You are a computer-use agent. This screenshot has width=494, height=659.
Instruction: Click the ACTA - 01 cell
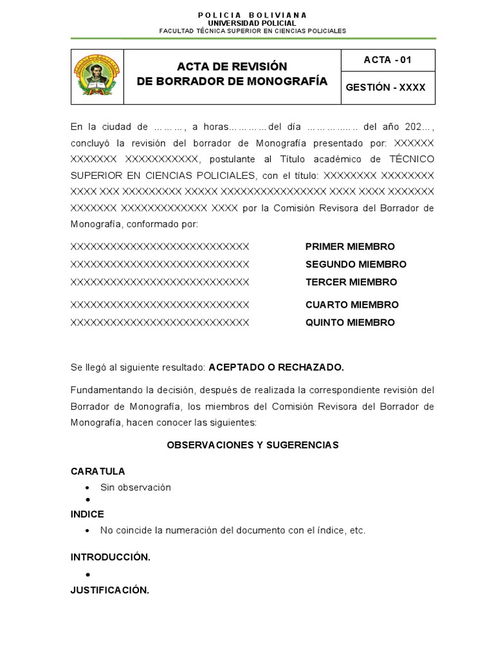(x=387, y=60)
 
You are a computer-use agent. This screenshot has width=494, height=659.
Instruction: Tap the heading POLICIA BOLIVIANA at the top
(x=252, y=15)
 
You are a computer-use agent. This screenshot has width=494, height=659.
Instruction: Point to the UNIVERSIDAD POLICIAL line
(x=252, y=23)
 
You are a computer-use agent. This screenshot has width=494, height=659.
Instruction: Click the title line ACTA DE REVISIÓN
(x=232, y=67)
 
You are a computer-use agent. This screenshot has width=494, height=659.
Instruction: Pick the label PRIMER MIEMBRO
(x=350, y=246)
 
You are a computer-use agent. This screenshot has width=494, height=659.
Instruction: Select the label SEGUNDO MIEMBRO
(x=356, y=265)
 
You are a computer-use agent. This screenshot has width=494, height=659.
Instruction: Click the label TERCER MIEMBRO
(x=351, y=282)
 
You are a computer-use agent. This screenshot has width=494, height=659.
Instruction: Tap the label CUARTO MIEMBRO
(x=352, y=304)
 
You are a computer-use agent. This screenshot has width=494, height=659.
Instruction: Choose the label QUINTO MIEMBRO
(x=350, y=322)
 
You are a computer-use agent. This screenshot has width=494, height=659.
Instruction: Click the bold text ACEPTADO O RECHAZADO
(x=277, y=367)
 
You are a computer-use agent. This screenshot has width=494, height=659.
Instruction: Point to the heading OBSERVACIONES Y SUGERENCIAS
(x=252, y=445)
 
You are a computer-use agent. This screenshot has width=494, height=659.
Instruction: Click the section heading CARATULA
(x=98, y=471)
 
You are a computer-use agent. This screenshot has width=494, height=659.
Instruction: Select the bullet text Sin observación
(x=136, y=487)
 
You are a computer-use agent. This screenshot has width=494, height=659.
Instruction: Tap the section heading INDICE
(x=87, y=514)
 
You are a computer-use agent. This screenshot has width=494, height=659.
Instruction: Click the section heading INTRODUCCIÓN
(x=110, y=557)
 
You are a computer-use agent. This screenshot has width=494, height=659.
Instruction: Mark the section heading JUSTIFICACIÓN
(x=110, y=589)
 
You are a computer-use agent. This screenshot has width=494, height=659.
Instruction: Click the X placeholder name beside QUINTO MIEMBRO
(x=160, y=322)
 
